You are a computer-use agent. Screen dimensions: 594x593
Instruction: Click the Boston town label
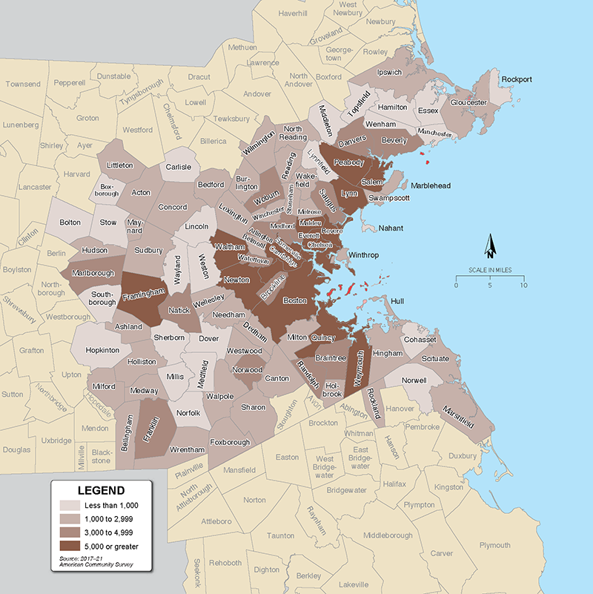click(x=295, y=301)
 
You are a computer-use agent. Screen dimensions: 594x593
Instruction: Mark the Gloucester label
click(x=468, y=102)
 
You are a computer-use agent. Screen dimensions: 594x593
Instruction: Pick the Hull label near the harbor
click(x=397, y=301)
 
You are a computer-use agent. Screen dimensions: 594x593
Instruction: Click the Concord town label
click(x=173, y=207)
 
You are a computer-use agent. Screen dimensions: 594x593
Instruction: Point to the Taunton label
click(x=281, y=535)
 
